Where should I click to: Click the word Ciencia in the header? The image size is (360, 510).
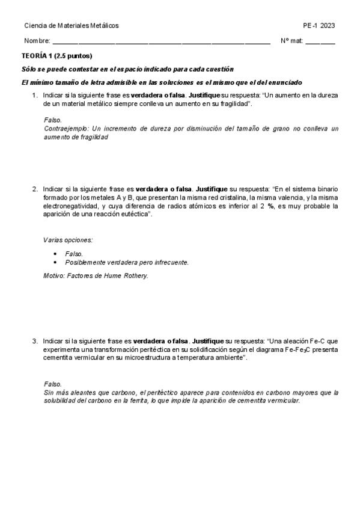coord(35,25)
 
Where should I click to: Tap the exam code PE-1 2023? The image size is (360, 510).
coord(319,25)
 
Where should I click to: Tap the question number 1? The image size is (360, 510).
coord(34,96)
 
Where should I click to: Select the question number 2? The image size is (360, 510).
coord(34,189)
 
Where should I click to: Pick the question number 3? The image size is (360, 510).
coord(34,341)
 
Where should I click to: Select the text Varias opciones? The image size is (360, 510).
coord(68,240)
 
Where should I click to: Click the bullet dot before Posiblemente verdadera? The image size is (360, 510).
coord(55,262)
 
